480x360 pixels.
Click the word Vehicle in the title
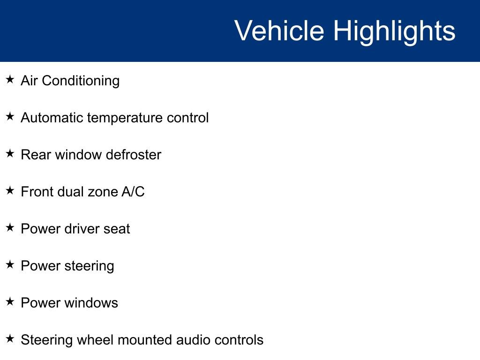click(x=279, y=31)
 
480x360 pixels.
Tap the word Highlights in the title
click(x=394, y=31)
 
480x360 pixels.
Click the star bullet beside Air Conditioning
click(x=10, y=80)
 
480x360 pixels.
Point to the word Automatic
click(x=52, y=118)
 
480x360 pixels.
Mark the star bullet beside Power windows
click(x=10, y=302)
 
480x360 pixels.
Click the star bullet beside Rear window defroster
click(x=10, y=154)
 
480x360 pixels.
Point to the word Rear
click(x=36, y=155)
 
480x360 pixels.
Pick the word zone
click(x=98, y=192)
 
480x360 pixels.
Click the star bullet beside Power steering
click(x=10, y=265)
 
